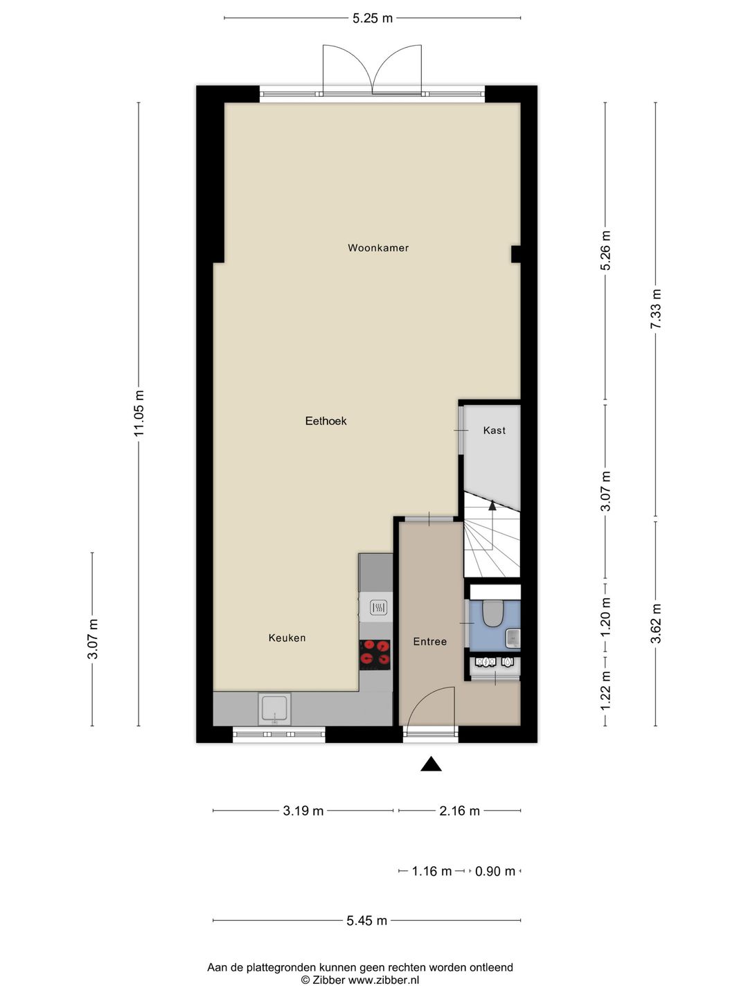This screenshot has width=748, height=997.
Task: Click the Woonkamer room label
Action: pyautogui.click(x=378, y=248)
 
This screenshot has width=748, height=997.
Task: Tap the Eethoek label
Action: pyautogui.click(x=326, y=421)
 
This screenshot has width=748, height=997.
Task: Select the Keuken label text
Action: pyautogui.click(x=287, y=638)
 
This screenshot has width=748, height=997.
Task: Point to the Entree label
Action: pyautogui.click(x=429, y=641)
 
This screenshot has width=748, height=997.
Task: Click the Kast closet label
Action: pyautogui.click(x=494, y=430)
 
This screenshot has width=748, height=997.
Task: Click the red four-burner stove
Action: pyautogui.click(x=375, y=654)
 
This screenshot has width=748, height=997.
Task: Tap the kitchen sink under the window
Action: pyautogui.click(x=274, y=709)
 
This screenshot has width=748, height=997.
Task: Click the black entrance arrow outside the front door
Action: pyautogui.click(x=431, y=764)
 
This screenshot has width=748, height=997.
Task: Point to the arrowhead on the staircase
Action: pyautogui.click(x=492, y=505)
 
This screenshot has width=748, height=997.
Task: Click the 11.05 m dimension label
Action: pyautogui.click(x=139, y=413)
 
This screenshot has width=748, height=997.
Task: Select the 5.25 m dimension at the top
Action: pyautogui.click(x=373, y=18)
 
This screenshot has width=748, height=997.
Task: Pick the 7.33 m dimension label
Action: pyautogui.click(x=655, y=309)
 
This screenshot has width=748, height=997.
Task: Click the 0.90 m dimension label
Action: pyautogui.click(x=495, y=871)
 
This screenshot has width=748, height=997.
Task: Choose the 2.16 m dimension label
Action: pyautogui.click(x=459, y=810)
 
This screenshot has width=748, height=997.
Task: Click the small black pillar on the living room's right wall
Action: pyautogui.click(x=516, y=254)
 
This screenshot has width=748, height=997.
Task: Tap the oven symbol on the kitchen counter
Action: pyautogui.click(x=378, y=607)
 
